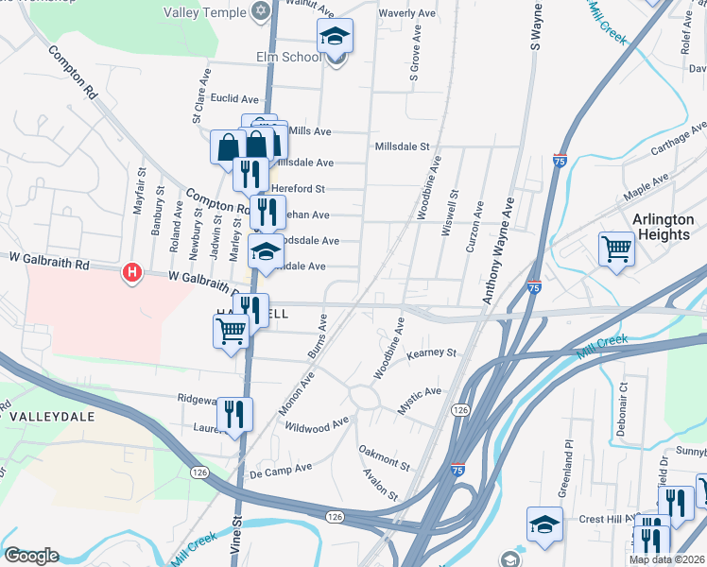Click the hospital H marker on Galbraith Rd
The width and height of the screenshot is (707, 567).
pos(132,273)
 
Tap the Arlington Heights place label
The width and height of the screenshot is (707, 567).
pos(662,228)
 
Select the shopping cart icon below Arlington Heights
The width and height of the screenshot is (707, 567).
pos(616,250)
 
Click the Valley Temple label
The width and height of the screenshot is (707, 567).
pos(204,13)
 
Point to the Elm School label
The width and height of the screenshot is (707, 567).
pos(288,57)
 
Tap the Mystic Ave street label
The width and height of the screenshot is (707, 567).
pos(419,392)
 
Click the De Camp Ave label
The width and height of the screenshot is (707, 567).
pos(280,468)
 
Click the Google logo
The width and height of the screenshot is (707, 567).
pos(31,556)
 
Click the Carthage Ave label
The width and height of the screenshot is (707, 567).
pos(674,148)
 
